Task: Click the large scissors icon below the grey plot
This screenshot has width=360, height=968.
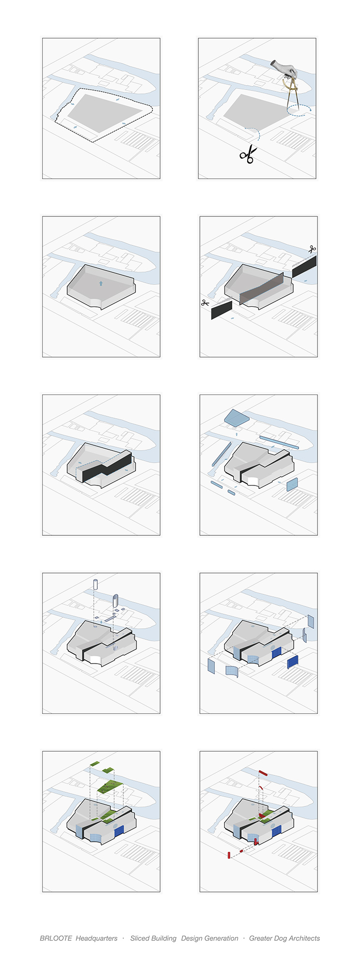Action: pos(248,154)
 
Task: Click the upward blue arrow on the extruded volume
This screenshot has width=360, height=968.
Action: pos(101,283)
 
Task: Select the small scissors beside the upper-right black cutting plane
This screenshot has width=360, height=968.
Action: pos(312,249)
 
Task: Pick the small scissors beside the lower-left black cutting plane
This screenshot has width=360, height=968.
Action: pos(205,303)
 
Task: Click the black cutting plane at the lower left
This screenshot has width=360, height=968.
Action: pos(222,310)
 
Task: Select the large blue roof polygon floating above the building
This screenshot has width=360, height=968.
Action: pos(237,418)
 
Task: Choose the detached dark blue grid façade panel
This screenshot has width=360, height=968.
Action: pos(293,662)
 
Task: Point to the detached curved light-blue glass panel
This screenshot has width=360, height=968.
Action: pos(232,671)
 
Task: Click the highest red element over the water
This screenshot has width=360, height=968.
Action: pos(263,773)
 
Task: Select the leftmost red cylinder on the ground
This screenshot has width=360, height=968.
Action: pos(228,855)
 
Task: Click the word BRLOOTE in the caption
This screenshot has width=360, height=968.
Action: pos(56,938)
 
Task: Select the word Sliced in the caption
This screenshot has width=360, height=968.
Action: pos(140,938)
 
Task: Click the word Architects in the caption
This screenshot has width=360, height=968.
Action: pos(303,938)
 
